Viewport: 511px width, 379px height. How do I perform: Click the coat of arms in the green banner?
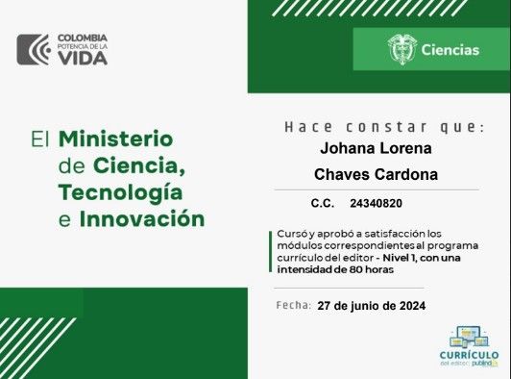pyautogui.click(x=401, y=50)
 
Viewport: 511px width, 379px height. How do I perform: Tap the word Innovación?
pyautogui.click(x=142, y=218)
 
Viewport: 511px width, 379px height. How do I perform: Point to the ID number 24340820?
pyautogui.click(x=377, y=204)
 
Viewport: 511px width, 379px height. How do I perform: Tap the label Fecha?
pyautogui.click(x=293, y=305)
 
